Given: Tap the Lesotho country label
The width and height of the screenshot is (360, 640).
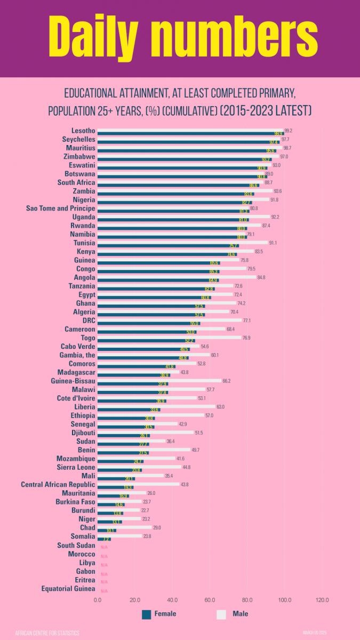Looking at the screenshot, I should [83, 131].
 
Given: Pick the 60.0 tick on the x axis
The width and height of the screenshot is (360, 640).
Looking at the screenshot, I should [210, 599].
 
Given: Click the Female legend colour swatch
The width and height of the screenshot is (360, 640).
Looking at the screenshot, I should [147, 614].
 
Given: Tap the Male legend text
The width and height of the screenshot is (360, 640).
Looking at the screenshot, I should [240, 614].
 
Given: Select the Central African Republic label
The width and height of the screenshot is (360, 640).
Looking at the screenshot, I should [58, 485].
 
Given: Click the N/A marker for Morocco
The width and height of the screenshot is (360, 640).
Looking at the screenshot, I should [104, 556].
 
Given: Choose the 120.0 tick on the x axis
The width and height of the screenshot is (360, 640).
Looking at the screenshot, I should [322, 599].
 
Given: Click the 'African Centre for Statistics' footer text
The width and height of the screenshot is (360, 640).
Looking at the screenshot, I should [47, 633].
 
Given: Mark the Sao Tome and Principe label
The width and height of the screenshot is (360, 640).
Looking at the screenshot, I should [61, 209].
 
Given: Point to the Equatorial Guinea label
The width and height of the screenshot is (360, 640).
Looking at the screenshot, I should [68, 589].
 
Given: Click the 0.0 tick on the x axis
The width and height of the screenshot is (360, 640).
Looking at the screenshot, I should [98, 599].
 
